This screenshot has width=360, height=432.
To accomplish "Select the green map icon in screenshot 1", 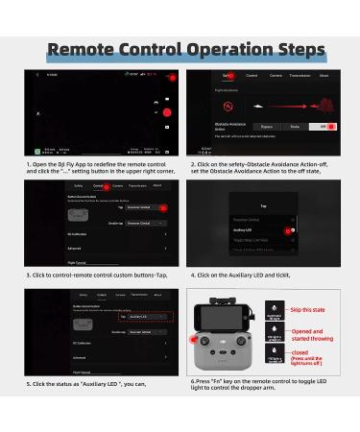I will [x=36, y=151].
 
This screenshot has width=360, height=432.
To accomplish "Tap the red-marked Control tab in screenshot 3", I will [x=97, y=186].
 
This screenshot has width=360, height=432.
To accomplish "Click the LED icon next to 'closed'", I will [x=273, y=357].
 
